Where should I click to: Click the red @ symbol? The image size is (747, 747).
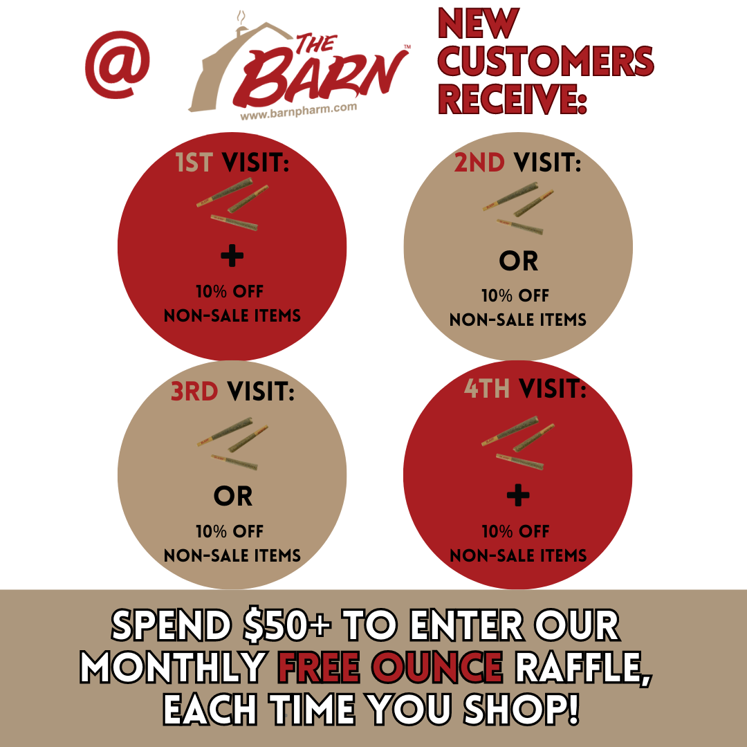[x=117, y=64]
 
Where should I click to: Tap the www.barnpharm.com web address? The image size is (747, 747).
[x=299, y=111]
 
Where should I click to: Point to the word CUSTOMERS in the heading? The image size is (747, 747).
[x=546, y=61]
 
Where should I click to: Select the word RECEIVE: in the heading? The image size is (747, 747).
[x=512, y=99]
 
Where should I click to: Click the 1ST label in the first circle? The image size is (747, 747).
[x=194, y=163]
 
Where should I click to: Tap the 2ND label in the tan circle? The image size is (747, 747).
[x=479, y=163]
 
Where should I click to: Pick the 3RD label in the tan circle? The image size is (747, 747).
[x=194, y=391]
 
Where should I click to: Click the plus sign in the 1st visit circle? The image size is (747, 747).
[x=232, y=256]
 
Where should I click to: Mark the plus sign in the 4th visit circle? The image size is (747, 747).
[x=518, y=495]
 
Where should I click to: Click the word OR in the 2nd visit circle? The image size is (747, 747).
[x=518, y=261]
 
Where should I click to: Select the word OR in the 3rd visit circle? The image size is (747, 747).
[x=233, y=497]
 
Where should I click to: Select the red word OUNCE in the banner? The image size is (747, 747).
[x=437, y=667]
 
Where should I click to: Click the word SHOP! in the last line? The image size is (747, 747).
[x=522, y=709]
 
